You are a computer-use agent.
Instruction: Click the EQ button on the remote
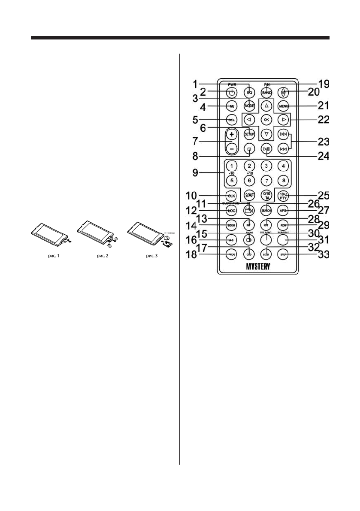(249, 92)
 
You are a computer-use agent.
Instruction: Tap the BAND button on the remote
(266, 92)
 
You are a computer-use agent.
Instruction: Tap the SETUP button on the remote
(249, 134)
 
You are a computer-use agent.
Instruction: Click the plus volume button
(232, 134)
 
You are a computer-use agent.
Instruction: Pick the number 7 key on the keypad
(266, 181)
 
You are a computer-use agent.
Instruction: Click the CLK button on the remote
(232, 196)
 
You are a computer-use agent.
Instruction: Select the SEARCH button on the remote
(266, 210)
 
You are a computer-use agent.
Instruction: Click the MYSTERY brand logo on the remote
(257, 267)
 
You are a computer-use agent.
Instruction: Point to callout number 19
(323, 84)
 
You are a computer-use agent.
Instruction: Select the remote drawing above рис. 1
(50, 236)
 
